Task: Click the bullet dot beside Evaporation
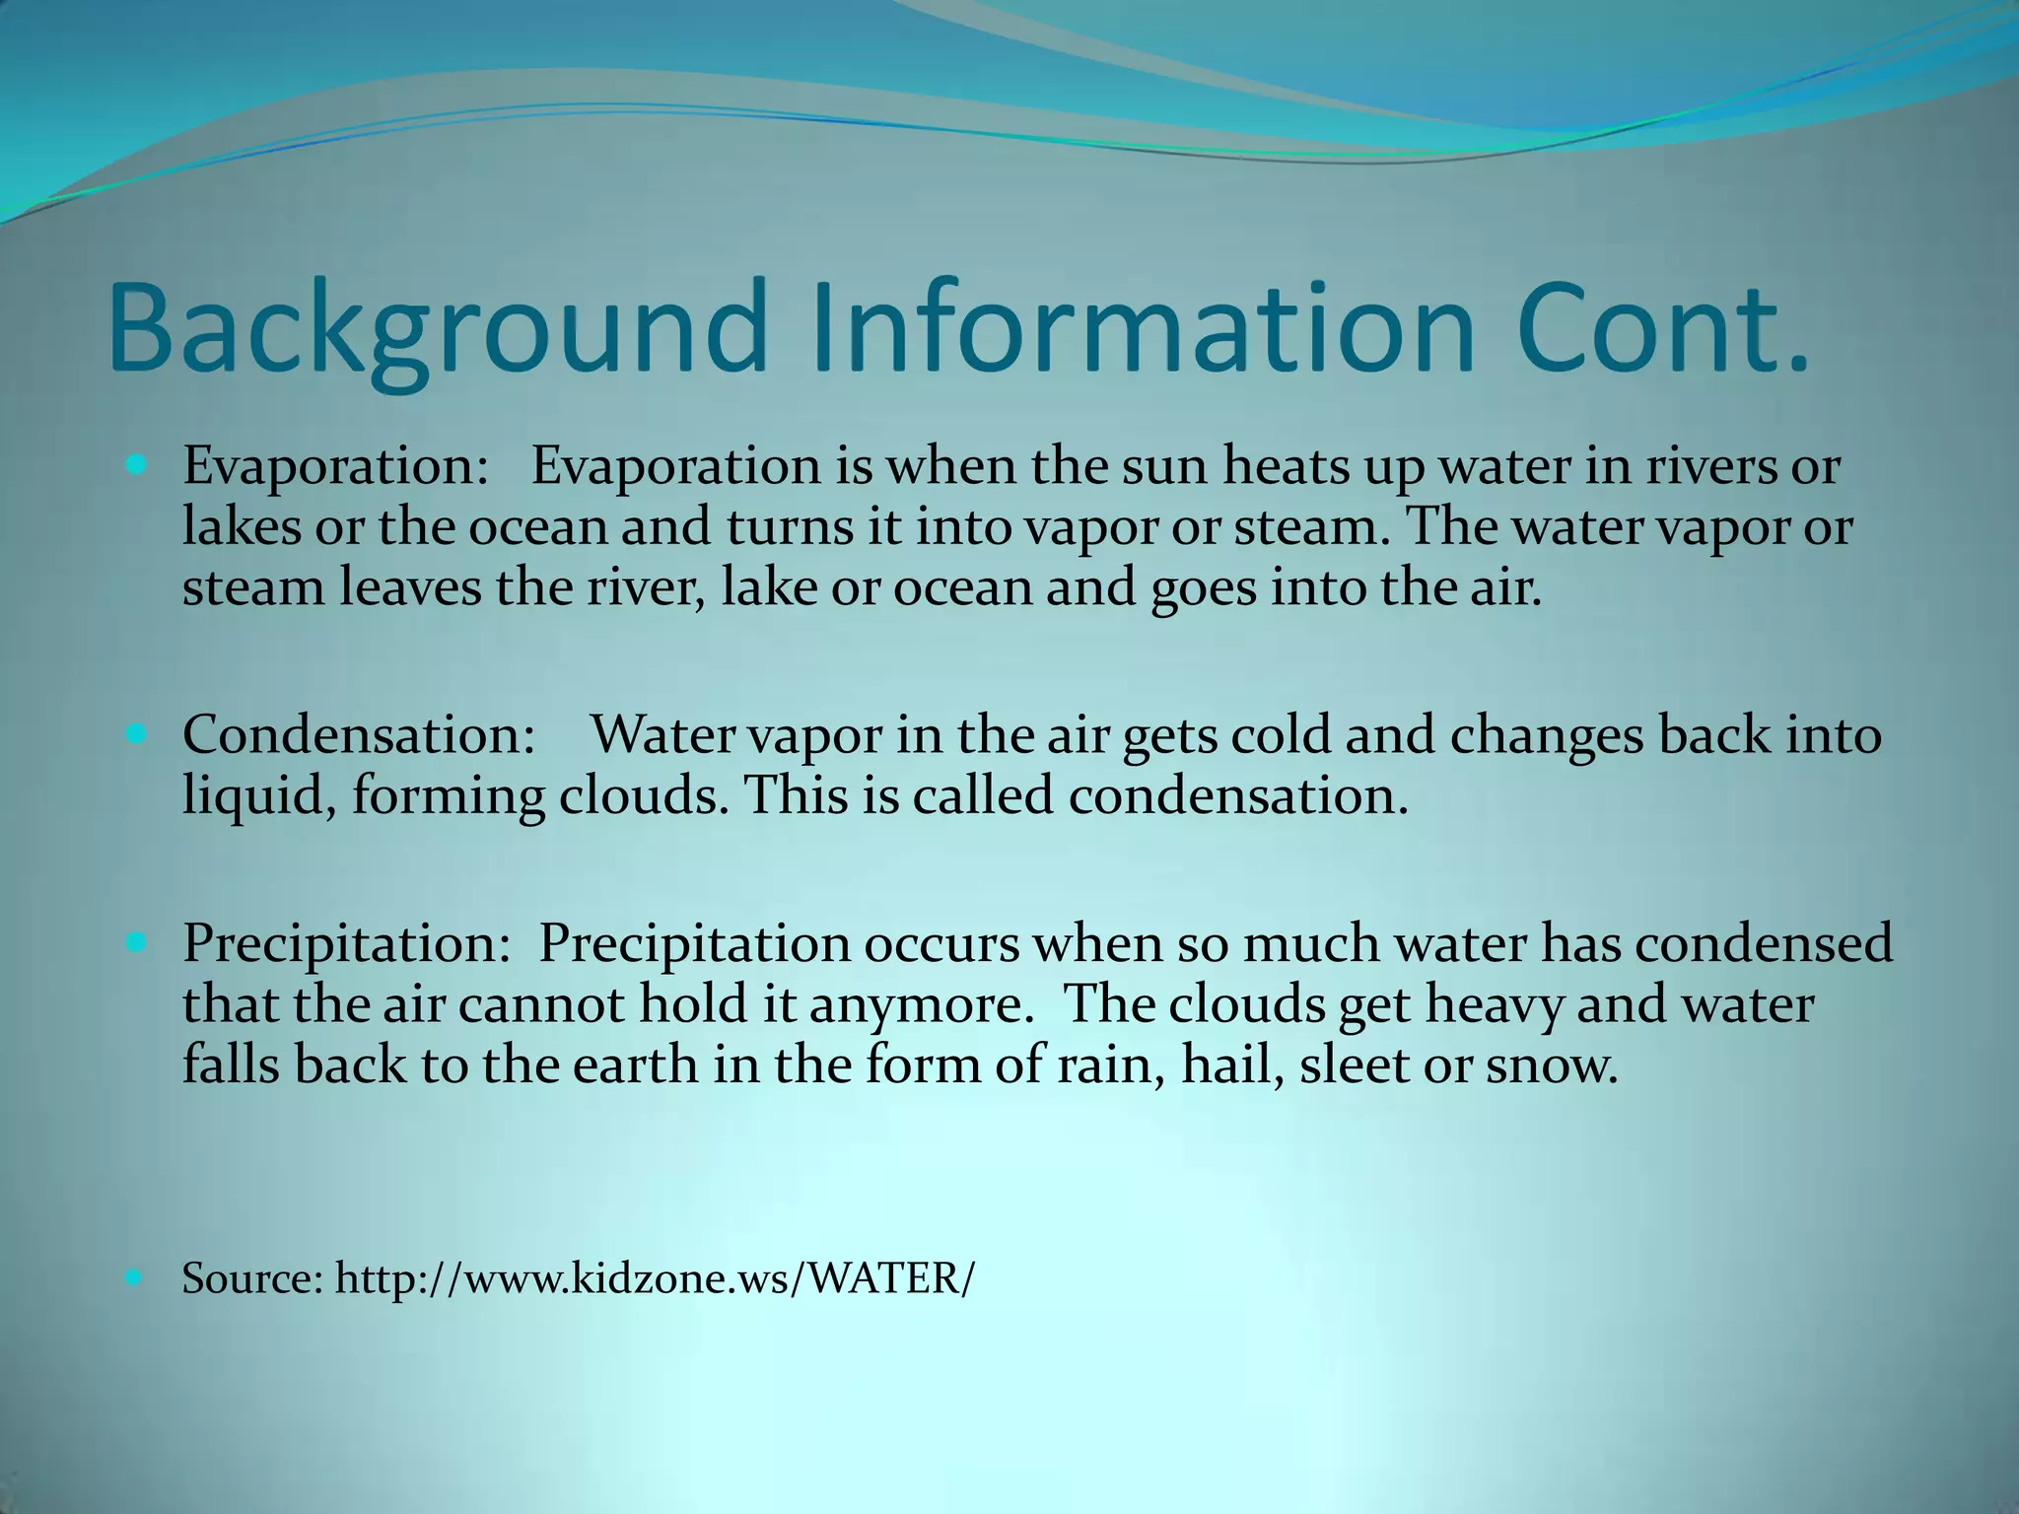click(136, 462)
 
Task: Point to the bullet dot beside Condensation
click(136, 733)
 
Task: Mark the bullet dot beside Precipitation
click(136, 941)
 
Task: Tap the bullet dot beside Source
click(136, 1278)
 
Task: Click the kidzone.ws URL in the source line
click(655, 1278)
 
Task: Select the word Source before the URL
click(252, 1278)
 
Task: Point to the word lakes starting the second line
click(242, 526)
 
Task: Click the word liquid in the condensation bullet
click(258, 796)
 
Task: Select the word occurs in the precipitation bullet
click(941, 943)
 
